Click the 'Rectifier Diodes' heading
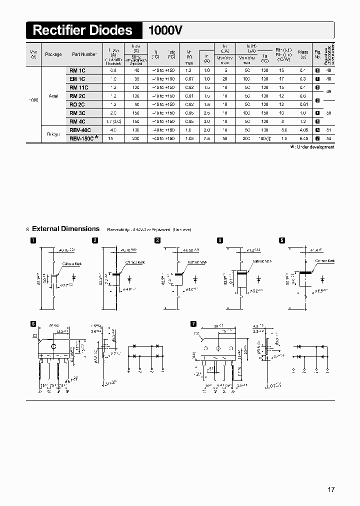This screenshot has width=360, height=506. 83,30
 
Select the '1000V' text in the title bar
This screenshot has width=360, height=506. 165,30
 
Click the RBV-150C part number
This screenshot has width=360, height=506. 81,138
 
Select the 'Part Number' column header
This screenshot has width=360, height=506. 84,54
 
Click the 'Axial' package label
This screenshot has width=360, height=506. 53,96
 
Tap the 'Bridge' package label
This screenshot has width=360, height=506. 53,134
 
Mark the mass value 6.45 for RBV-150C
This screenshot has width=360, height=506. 302,138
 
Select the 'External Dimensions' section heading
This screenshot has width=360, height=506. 65,229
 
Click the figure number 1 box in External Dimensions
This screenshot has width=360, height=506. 33,240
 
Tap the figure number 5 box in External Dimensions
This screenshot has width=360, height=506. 282,240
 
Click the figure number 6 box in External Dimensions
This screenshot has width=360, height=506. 33,323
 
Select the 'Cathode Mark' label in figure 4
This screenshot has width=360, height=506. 261,261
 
